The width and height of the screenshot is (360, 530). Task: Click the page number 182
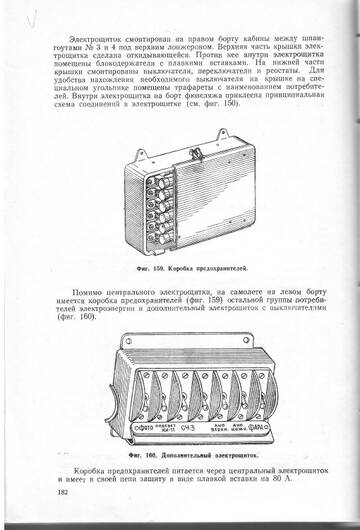tap(63, 494)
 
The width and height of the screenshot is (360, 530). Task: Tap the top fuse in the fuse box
tap(158, 180)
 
